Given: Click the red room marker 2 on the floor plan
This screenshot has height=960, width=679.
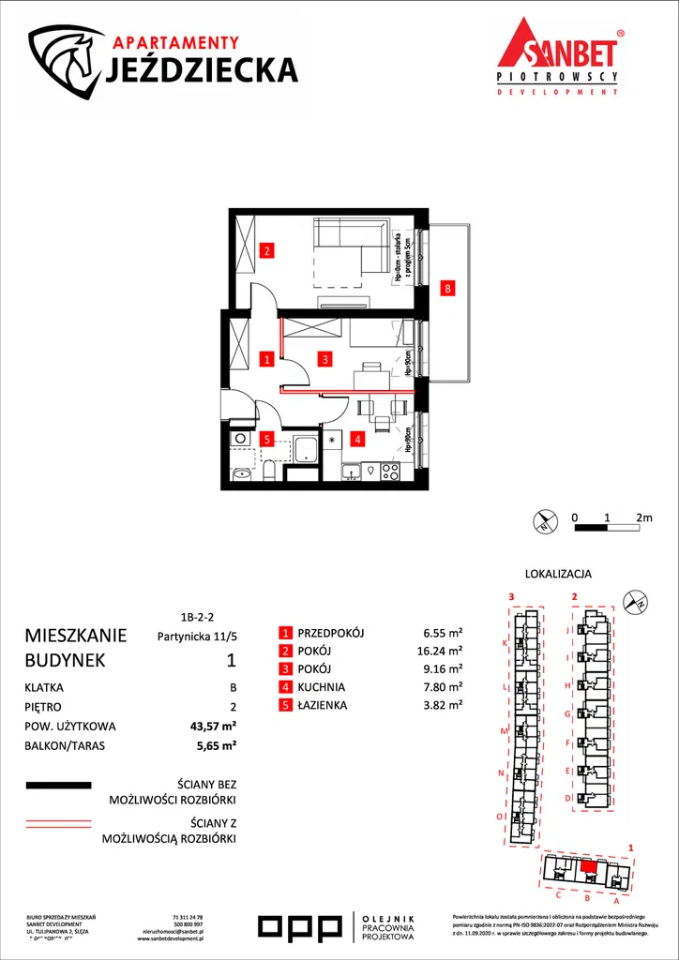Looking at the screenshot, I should (267, 250).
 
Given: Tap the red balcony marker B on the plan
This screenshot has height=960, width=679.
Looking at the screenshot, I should (448, 289).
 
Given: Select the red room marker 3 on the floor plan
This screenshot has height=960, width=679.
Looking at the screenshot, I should (324, 358).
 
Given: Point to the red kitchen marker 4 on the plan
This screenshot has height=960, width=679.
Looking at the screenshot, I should (356, 437).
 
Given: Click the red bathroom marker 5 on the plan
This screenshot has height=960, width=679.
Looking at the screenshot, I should (267, 438).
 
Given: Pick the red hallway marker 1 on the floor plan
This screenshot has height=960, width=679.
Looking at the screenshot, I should (267, 358).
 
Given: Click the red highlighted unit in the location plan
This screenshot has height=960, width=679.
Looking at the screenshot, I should (588, 866).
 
